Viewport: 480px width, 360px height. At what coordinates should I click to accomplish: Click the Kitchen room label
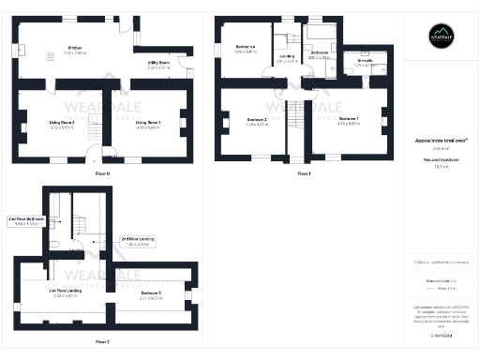pos(75,48)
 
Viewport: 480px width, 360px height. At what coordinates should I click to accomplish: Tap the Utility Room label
pos(144,63)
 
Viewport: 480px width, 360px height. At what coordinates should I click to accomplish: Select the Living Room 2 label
pos(61,122)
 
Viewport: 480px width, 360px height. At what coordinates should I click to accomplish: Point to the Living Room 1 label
pos(148,122)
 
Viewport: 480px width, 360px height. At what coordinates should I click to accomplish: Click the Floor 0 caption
pos(102,173)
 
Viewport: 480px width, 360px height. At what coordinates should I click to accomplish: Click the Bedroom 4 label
pos(246,47)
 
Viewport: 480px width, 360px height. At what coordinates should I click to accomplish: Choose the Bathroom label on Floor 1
pos(319,52)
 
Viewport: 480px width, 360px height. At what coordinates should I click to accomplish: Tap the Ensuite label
pos(364,61)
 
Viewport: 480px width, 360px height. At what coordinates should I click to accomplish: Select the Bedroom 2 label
pos(257,119)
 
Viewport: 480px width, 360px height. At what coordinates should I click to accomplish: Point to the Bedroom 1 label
pos(348,119)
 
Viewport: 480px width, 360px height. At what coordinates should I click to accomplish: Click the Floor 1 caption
pos(303,173)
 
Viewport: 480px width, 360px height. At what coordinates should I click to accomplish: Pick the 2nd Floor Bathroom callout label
pos(23,221)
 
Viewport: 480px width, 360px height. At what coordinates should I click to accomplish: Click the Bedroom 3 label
pos(151,293)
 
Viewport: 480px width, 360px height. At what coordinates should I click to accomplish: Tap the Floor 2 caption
pos(102,341)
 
